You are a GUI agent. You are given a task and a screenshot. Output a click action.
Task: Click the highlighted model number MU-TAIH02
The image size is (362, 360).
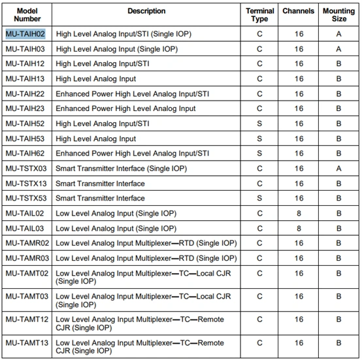[25, 33]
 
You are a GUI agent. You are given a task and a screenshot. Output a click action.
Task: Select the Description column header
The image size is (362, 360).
[146, 11]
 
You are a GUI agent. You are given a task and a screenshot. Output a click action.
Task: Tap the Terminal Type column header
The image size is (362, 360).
[259, 15]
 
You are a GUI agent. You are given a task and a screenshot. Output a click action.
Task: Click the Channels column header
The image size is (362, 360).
[299, 11]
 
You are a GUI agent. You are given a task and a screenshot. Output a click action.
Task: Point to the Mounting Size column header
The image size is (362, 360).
[338, 15]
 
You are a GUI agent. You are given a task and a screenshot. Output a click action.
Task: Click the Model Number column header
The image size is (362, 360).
[27, 15]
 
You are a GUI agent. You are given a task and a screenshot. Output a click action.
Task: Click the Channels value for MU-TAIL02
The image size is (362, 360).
[299, 214]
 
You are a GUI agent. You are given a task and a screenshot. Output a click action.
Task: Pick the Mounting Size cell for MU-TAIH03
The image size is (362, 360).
[338, 48]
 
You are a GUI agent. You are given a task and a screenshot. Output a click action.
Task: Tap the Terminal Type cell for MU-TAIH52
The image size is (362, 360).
[259, 123]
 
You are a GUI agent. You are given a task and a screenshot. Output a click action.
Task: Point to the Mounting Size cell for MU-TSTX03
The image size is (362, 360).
[338, 169]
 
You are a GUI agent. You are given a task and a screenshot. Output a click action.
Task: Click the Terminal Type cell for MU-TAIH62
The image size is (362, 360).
[259, 154]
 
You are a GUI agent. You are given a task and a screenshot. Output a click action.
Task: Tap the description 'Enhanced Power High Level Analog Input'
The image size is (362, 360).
[126, 108]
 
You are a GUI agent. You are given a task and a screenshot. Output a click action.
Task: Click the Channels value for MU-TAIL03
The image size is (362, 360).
[299, 229]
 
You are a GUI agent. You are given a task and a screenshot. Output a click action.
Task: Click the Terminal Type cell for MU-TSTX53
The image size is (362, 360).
[259, 199]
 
